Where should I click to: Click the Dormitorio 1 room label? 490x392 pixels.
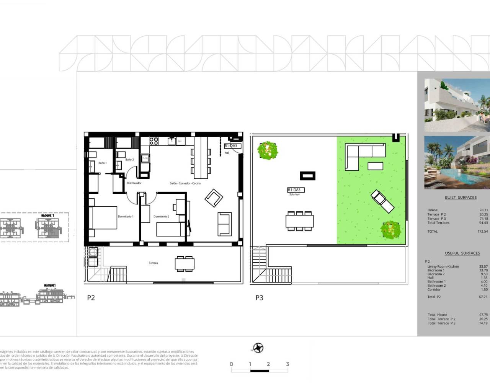[x=125, y=217]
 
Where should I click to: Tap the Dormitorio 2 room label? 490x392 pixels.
[x=161, y=217]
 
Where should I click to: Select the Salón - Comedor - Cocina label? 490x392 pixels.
[x=185, y=183]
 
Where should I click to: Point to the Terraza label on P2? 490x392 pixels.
[x=153, y=263]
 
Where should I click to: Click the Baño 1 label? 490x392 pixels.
[x=102, y=163]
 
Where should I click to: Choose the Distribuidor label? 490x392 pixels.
[x=134, y=183]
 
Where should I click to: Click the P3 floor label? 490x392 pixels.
[x=259, y=297]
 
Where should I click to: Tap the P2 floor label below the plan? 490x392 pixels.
[x=91, y=297]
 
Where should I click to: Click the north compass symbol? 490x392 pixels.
[x=259, y=348]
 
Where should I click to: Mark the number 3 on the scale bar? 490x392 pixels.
[x=287, y=364]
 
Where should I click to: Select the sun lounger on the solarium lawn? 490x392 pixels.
[x=382, y=201]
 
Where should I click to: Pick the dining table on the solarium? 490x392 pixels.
[x=299, y=221]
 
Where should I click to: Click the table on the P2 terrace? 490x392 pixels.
[x=184, y=264]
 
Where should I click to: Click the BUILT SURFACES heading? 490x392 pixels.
[x=461, y=198]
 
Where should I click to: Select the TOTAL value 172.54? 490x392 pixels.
[x=483, y=231]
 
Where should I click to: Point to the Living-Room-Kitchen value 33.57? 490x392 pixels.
[x=483, y=266]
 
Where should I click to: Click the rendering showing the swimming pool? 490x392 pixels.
[x=457, y=163]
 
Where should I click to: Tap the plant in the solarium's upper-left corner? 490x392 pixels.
[x=268, y=150]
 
